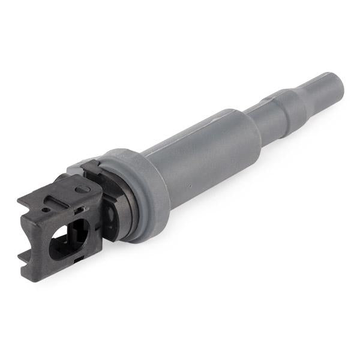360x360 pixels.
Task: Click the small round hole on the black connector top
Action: pos(45,211)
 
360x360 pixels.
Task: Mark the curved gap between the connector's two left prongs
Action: pos(31,235)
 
